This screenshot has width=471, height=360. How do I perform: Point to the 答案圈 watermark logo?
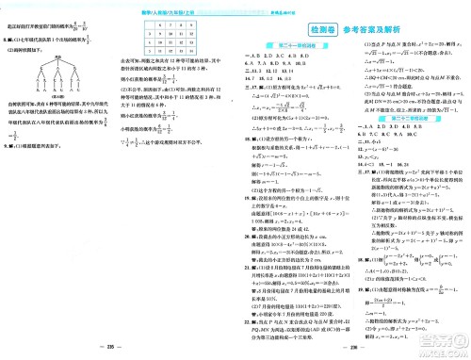tap(442, 335)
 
